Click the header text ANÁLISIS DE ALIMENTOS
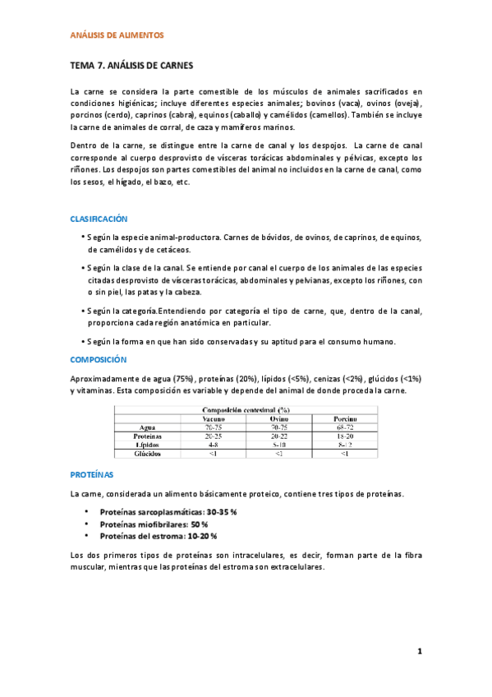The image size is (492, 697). pos(117,35)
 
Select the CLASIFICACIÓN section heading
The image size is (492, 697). pos(99,219)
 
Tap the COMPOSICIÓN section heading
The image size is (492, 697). pos(99,360)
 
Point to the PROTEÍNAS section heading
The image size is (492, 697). pos(92,475)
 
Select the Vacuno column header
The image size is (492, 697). pos(215,418)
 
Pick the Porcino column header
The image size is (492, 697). pos(344,418)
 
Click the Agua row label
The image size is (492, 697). pos(149,427)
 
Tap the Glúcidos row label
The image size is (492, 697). pos(149,453)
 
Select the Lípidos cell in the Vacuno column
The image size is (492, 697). pos(215,445)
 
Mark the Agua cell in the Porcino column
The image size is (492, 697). pos(344,427)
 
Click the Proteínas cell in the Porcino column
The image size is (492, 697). pos(344,436)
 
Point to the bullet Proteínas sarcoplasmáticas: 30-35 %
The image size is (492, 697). pos(168,512)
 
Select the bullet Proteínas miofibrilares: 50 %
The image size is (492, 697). pos(154,524)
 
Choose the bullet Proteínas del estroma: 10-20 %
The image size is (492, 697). pos(159,536)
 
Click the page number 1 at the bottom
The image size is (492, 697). pos(419,652)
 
